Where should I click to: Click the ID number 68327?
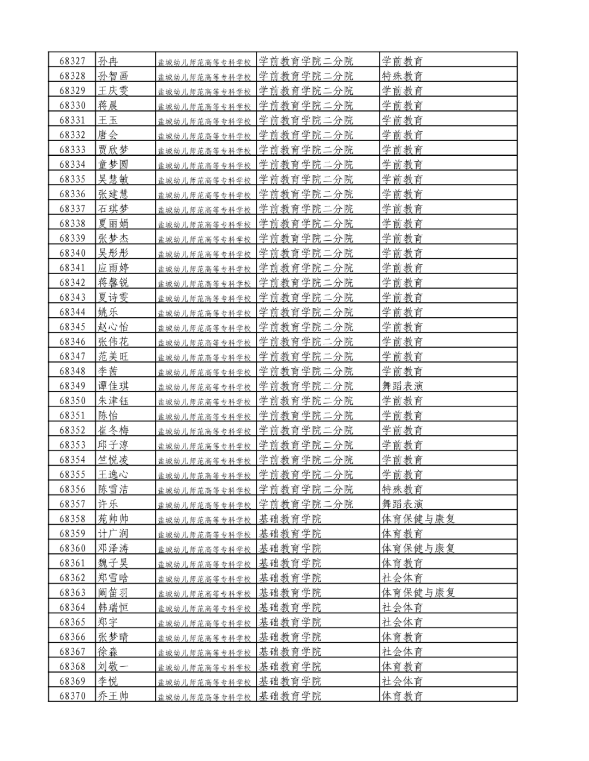(x=73, y=61)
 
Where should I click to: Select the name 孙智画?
(x=113, y=76)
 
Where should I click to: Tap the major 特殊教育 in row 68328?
(x=402, y=76)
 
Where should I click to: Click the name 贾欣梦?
(x=113, y=150)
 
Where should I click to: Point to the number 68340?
(x=73, y=253)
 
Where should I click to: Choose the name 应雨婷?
(x=113, y=267)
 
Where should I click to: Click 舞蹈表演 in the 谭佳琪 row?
(x=402, y=386)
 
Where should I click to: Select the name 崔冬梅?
(x=113, y=430)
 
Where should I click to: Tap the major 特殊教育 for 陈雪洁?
(x=402, y=489)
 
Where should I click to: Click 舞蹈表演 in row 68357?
(x=402, y=504)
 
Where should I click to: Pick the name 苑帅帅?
(x=113, y=519)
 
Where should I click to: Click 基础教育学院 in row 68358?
(x=290, y=519)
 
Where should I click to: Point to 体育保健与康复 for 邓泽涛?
(x=418, y=548)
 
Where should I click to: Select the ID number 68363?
(x=73, y=592)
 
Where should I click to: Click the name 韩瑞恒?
(x=113, y=607)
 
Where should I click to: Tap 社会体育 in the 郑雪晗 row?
(x=402, y=577)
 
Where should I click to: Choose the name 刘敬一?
(x=113, y=666)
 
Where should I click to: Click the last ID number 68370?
(x=73, y=696)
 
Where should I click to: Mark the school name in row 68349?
(x=204, y=387)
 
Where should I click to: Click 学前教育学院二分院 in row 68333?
(x=305, y=150)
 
